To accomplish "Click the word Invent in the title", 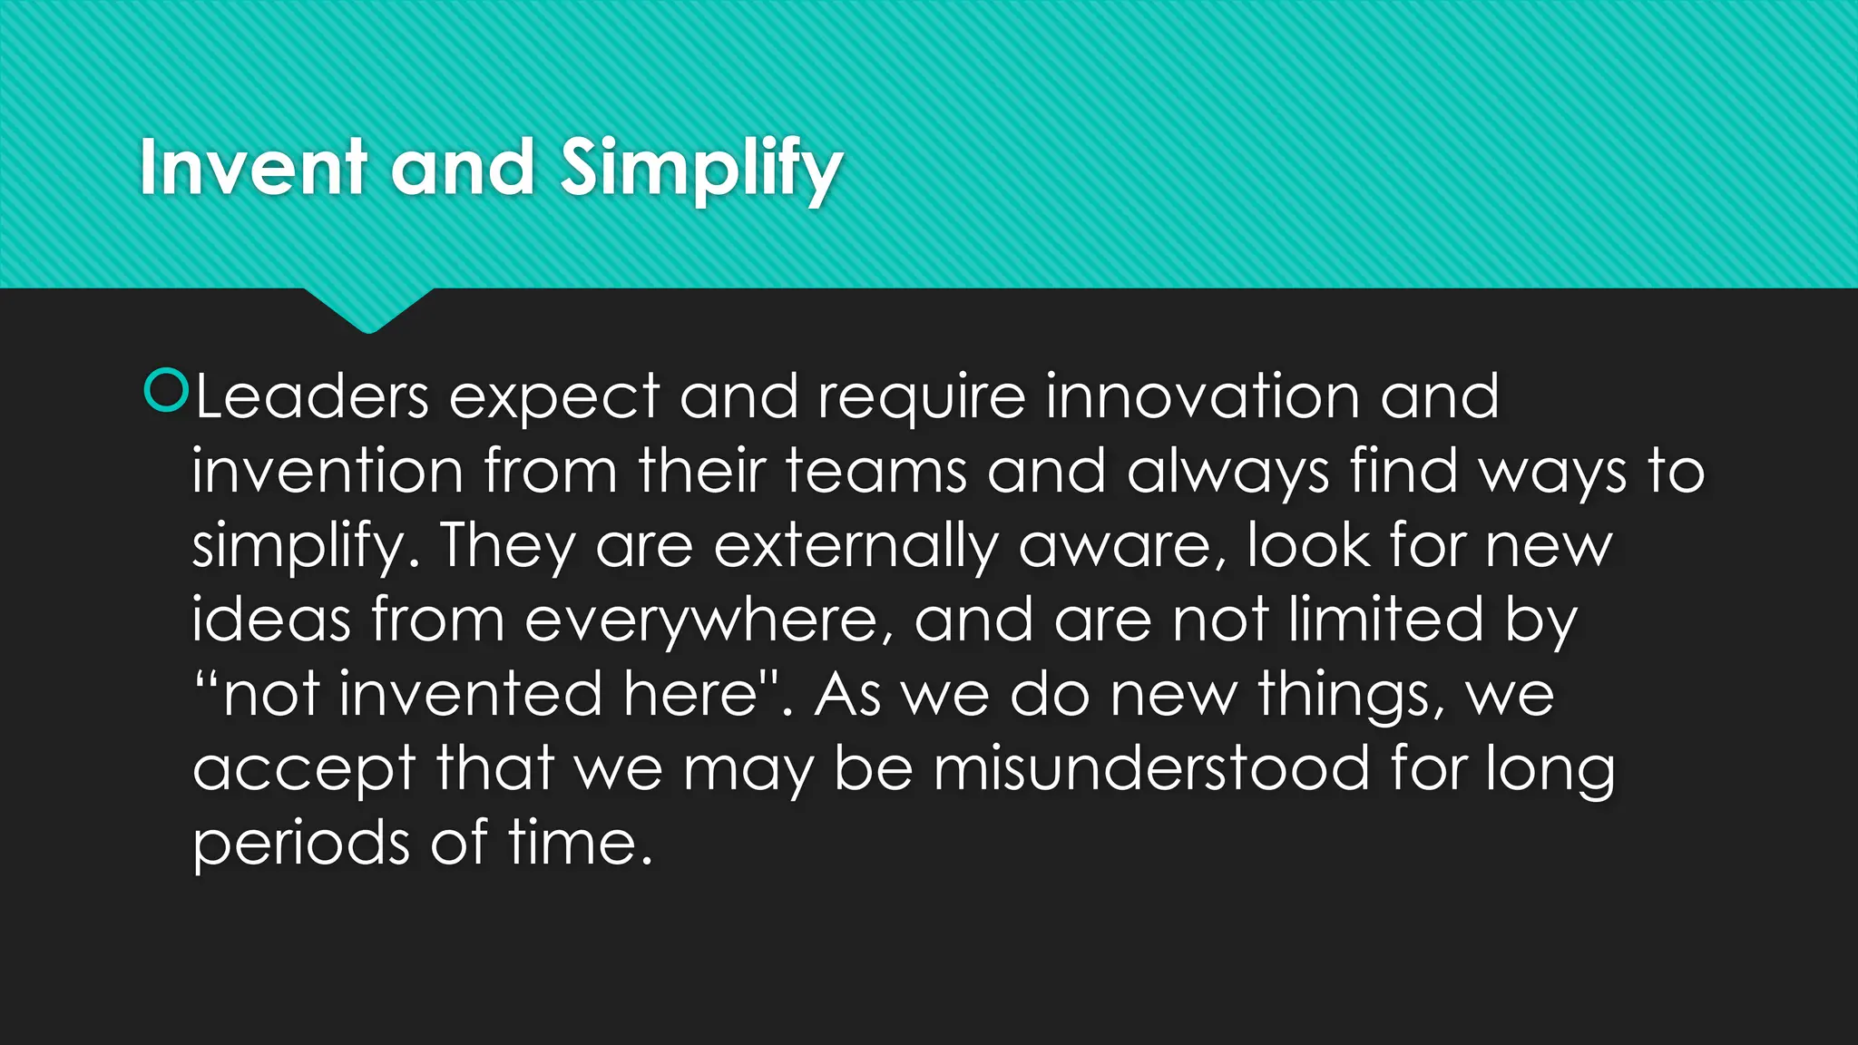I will pyautogui.click(x=253, y=168).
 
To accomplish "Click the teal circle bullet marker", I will pyautogui.click(x=166, y=391).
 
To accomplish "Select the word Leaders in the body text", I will pyautogui.click(x=311, y=397).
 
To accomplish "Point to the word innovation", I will pyautogui.click(x=1202, y=397).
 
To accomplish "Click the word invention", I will pyautogui.click(x=327, y=472).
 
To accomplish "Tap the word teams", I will pyautogui.click(x=875, y=472).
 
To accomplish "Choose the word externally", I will pyautogui.click(x=856, y=547).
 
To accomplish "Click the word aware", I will pyautogui.click(x=1121, y=547).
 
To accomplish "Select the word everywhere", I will pyautogui.click(x=708, y=621).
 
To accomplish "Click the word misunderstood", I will pyautogui.click(x=1152, y=769).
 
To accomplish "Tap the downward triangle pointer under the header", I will pyautogui.click(x=368, y=308).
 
